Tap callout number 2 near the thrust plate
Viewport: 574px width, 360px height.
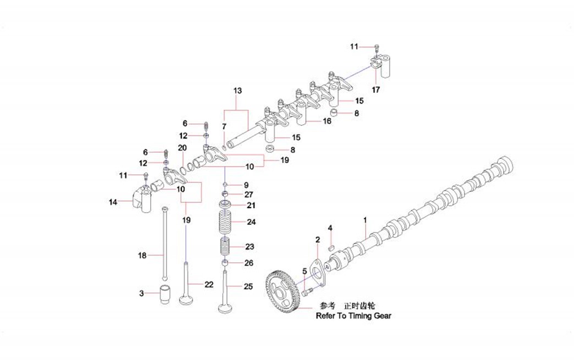click(317, 240)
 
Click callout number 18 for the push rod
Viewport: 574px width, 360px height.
click(142, 255)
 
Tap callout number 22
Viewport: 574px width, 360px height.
click(208, 284)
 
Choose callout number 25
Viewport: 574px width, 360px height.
click(249, 286)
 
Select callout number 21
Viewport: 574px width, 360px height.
click(251, 205)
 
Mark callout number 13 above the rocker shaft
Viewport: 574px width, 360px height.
click(238, 90)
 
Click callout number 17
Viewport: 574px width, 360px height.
click(376, 90)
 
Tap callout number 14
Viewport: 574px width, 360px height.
click(113, 202)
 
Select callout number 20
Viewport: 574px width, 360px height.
click(183, 148)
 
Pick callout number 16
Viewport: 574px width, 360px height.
click(327, 121)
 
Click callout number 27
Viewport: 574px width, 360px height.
click(249, 194)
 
